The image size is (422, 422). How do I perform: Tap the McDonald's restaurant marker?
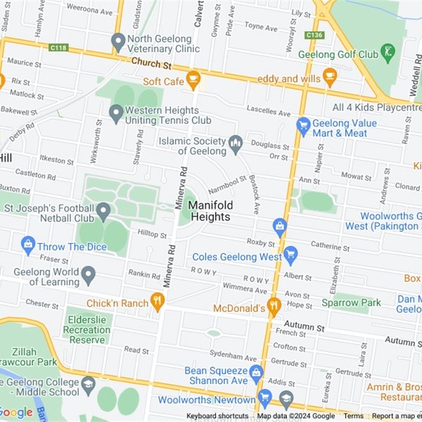tap(273, 306)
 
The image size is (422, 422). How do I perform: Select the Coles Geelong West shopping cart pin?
tap(290, 256)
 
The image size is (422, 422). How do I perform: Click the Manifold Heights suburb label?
tap(210, 210)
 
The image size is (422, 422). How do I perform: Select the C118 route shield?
tap(58, 47)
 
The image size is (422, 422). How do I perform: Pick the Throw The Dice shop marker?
tap(28, 245)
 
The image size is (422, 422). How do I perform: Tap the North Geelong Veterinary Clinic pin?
tap(118, 41)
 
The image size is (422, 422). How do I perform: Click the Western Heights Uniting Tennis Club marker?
tap(116, 113)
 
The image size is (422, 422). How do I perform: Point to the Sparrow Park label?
tap(351, 303)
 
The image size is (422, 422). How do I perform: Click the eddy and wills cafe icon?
tap(330, 78)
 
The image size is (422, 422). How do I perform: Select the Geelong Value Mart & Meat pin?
tap(303, 126)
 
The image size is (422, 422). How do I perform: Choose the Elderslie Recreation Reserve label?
tap(87, 330)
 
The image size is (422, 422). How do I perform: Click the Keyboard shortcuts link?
tap(217, 416)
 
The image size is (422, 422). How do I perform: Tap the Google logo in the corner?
tap(16, 412)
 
